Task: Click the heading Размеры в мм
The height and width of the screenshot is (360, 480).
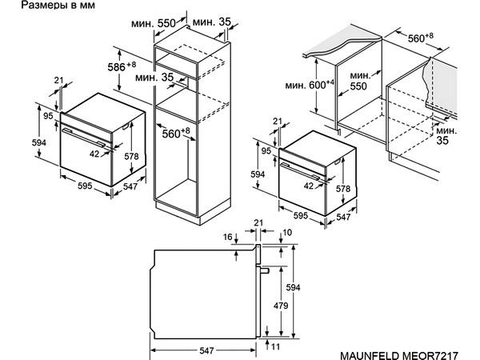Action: (58, 6)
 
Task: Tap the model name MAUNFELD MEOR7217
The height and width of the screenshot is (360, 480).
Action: (399, 355)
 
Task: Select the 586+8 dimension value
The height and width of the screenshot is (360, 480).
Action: (122, 66)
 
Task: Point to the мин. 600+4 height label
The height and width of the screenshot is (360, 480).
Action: (310, 85)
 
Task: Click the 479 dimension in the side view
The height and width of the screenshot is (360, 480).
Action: (281, 306)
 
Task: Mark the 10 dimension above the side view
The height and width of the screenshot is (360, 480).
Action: (287, 233)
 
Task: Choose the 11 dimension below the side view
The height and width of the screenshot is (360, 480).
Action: (275, 346)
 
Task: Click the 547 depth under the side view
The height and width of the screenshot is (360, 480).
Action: (206, 350)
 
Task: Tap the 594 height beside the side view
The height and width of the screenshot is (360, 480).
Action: (293, 287)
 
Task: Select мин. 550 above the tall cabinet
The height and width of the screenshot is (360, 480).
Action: (154, 23)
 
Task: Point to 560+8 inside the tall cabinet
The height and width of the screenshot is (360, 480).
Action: (176, 133)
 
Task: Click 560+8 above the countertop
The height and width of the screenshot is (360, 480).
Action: (420, 38)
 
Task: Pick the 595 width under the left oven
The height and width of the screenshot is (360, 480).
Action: (85, 186)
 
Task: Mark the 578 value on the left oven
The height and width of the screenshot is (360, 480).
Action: (131, 156)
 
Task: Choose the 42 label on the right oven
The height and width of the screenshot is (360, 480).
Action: (309, 186)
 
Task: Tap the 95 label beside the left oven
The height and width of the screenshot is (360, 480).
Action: (48, 116)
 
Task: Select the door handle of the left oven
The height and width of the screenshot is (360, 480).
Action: (83, 137)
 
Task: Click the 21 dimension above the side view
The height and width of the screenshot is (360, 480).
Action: (258, 222)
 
